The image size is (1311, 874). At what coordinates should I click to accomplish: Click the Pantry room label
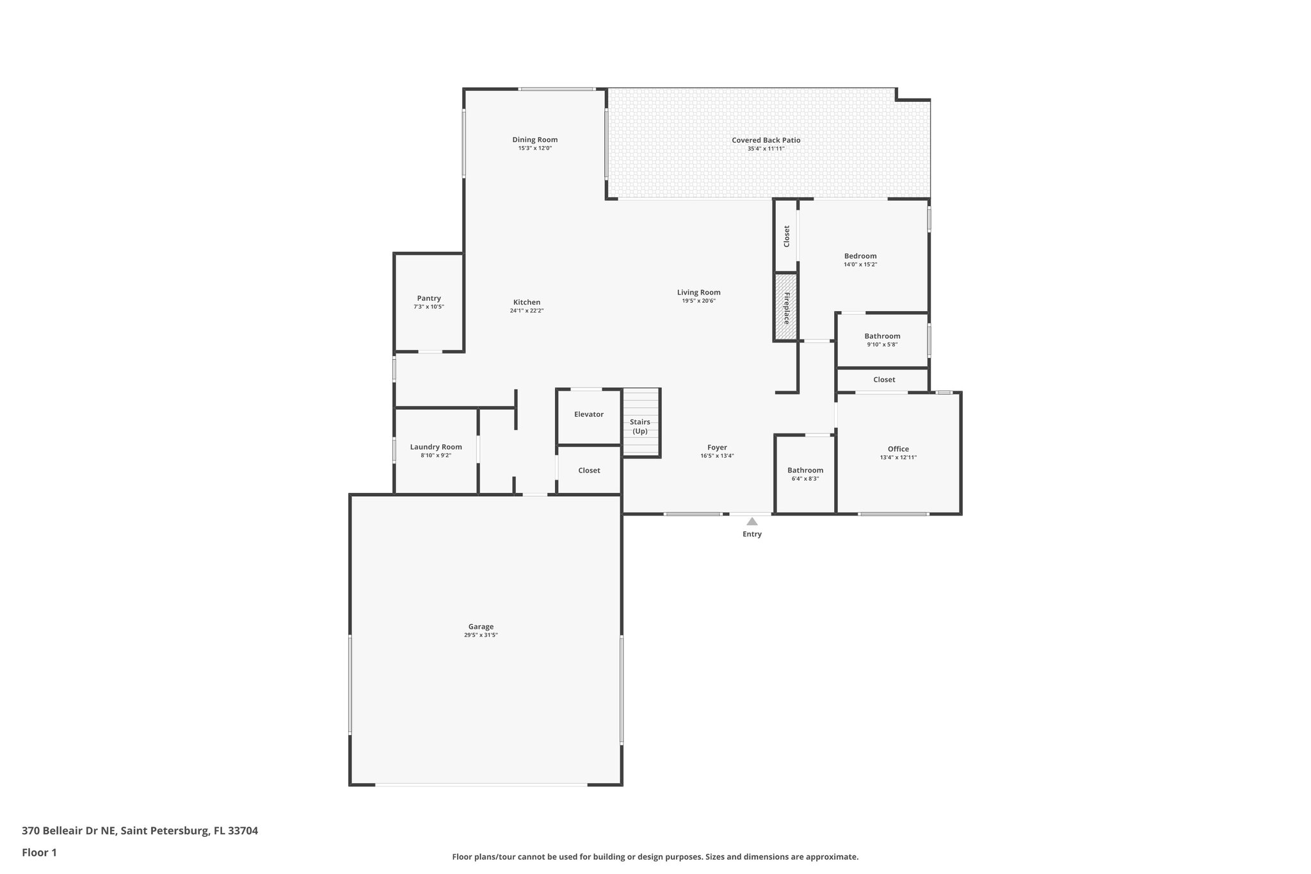pos(429,298)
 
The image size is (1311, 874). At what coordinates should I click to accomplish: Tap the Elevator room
pos(588,415)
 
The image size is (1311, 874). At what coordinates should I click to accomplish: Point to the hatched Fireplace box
pos(786,307)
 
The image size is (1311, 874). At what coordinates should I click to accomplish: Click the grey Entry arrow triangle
pos(752,522)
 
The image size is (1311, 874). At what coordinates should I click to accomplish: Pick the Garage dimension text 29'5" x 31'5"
pos(481,635)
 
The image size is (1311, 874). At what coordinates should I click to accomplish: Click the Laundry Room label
pos(436,447)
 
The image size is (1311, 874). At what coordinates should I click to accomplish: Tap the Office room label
pos(898,449)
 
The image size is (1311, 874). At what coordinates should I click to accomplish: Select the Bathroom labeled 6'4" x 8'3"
pos(805,474)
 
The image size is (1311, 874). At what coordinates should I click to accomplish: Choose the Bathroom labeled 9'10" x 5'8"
pos(882,340)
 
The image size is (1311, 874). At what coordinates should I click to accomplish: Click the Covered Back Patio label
pos(766,140)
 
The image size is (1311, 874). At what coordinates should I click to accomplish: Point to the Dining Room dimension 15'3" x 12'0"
pos(535,149)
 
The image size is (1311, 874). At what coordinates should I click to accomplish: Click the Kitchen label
pos(527,302)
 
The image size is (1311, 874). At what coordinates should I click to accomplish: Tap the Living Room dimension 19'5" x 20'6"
pos(698,301)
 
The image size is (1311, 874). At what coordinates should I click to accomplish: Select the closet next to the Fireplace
pos(786,236)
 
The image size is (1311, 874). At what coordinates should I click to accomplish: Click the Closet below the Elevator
pos(589,471)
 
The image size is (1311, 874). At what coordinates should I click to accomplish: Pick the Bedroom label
pos(860,256)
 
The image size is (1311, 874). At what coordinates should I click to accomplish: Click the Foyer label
pos(717,448)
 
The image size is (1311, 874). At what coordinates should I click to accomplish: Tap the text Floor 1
pos(39,852)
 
